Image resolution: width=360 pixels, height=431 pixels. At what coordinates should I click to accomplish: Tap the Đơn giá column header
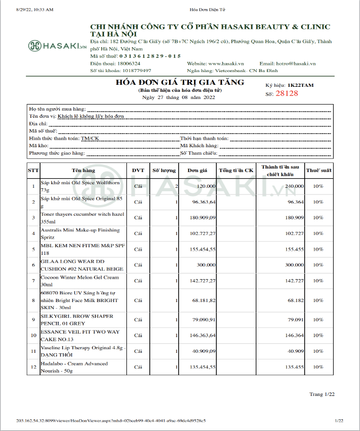click(198, 170)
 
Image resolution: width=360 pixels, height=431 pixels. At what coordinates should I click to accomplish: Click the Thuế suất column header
click(318, 170)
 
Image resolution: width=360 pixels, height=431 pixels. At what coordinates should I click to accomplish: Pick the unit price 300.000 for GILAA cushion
click(205, 264)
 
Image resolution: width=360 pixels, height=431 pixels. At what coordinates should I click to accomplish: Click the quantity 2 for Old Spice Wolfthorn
click(176, 186)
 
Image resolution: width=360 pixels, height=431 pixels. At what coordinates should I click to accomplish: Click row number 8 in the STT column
click(33, 300)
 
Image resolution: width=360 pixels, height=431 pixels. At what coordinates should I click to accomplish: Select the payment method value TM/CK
click(90, 138)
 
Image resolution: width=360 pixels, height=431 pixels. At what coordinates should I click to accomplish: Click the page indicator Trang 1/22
click(322, 394)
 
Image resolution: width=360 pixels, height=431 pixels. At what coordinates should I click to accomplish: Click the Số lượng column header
click(165, 170)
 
